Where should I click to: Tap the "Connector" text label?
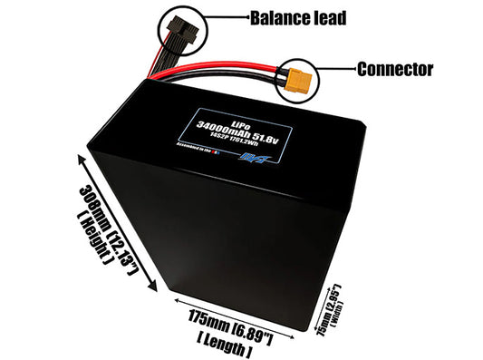click(395, 69)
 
